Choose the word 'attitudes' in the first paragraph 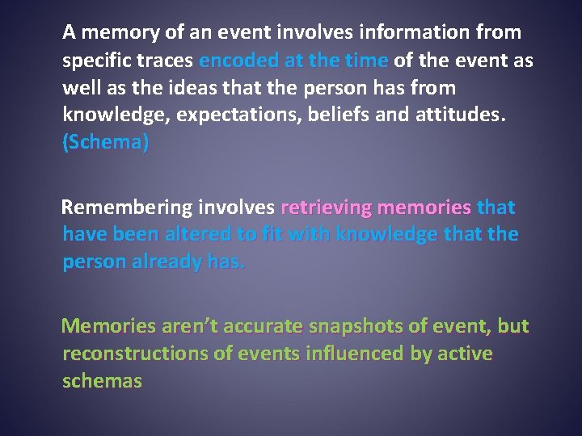460,115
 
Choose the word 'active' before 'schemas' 464,354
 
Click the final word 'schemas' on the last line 102,381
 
